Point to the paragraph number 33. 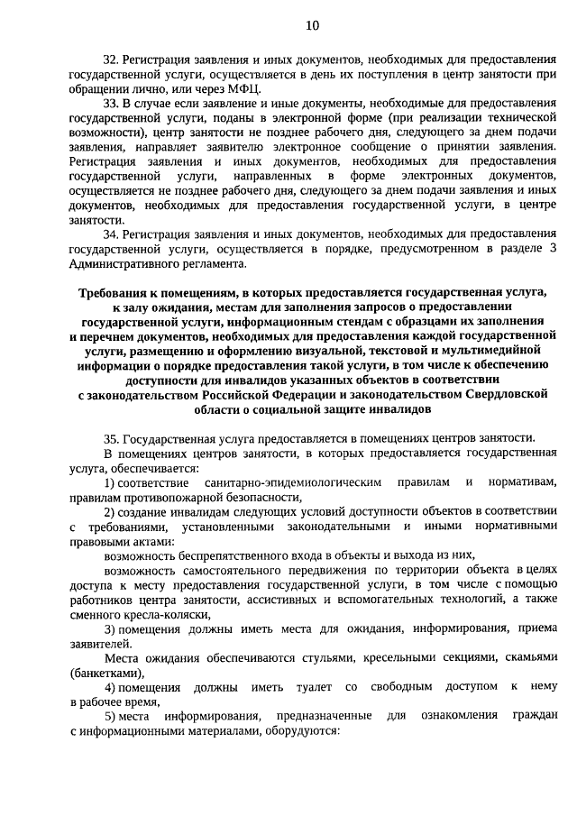click(112, 103)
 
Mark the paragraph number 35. click(112, 437)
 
